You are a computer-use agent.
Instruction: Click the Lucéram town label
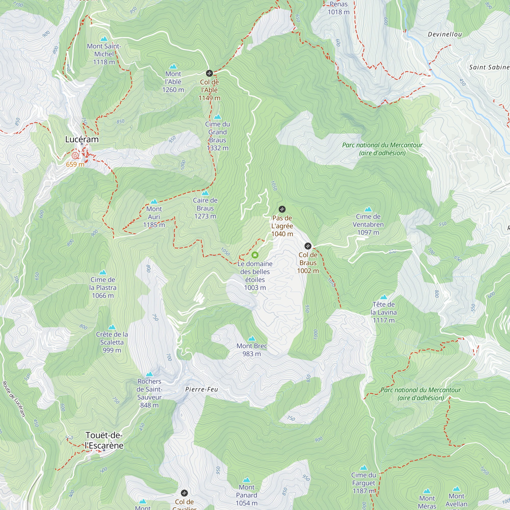click(82, 139)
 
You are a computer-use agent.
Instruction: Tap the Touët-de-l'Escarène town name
click(104, 440)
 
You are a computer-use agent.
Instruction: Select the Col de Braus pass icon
click(308, 246)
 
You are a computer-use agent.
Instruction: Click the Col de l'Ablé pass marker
click(209, 73)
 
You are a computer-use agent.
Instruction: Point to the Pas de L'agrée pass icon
click(282, 209)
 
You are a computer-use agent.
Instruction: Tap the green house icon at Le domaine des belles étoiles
click(255, 255)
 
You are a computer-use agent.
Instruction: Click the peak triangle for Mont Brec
click(252, 339)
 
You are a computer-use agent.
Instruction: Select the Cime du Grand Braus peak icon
click(217, 117)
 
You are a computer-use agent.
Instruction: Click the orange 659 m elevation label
click(75, 164)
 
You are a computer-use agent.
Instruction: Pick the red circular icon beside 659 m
click(75, 156)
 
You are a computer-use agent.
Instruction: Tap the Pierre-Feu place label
click(201, 389)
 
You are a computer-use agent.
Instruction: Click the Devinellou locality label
click(445, 34)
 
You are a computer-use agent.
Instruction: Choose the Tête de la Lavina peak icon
click(384, 297)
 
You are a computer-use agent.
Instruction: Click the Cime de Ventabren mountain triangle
click(368, 209)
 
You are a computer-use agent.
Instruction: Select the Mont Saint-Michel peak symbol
click(104, 39)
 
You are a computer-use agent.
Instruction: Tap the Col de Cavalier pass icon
click(184, 493)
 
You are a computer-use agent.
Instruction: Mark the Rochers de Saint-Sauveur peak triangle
click(149, 374)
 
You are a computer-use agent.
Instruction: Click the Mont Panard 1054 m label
click(247, 495)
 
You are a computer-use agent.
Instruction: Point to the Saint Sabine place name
click(489, 67)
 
